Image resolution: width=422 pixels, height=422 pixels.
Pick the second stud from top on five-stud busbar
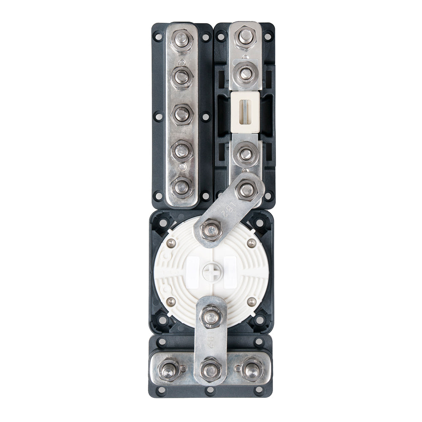coord(181,77)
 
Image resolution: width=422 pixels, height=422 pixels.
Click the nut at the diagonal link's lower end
coord(210,230)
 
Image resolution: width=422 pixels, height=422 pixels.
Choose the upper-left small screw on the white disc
coord(171,243)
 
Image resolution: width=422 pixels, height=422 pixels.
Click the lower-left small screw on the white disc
coord(171,301)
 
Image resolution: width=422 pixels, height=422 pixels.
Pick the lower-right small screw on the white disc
coord(252,301)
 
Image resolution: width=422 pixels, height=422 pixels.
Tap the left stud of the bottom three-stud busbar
coord(169,370)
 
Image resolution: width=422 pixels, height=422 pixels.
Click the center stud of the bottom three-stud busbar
coord(211,370)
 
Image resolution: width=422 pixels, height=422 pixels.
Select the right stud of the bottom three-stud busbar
coord(252,370)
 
